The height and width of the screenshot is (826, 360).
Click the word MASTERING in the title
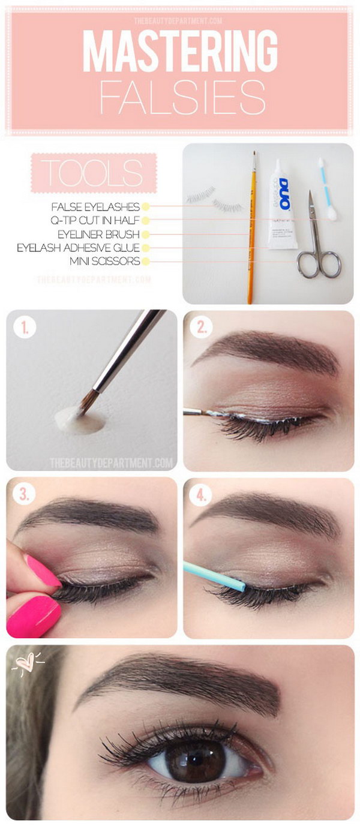[x=179, y=52]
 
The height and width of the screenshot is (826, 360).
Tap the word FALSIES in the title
[x=182, y=97]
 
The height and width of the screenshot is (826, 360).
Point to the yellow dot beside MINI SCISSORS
[x=145, y=261]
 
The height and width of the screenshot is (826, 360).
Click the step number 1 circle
[x=26, y=328]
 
